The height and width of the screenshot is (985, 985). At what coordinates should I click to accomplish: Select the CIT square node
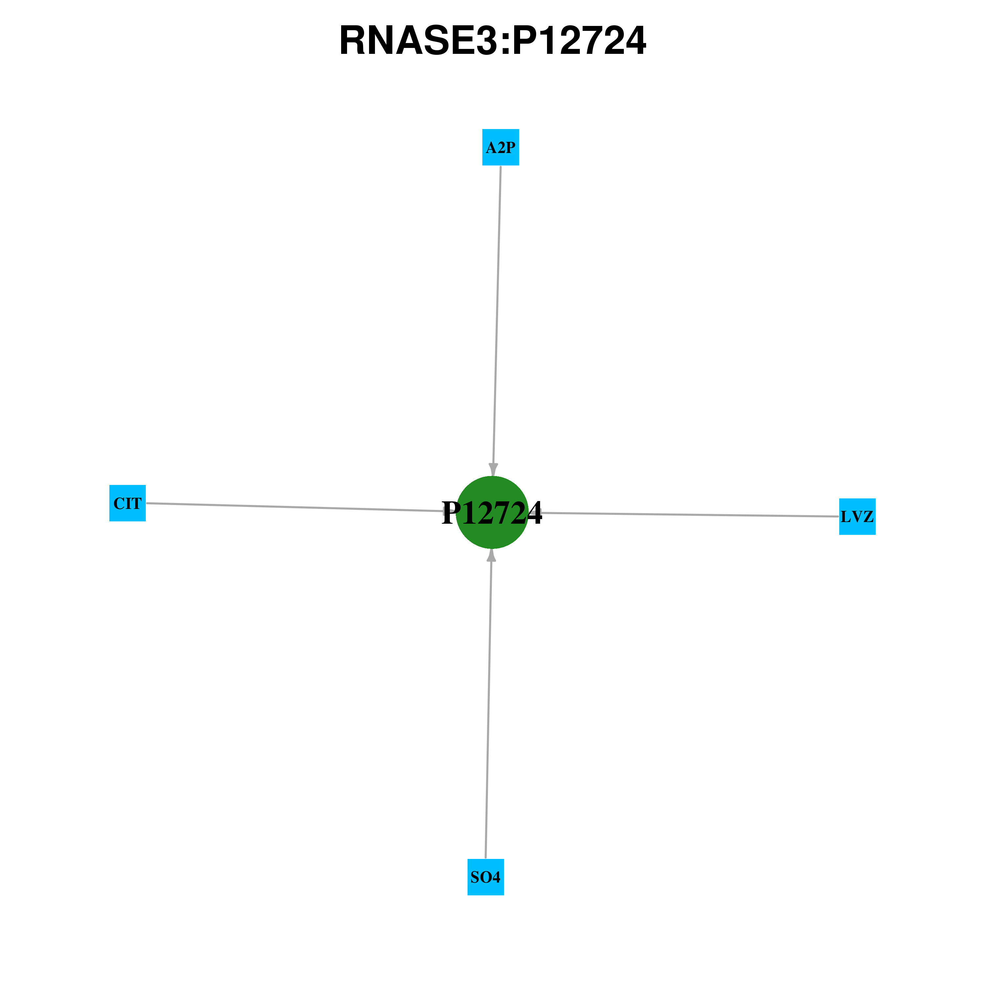[x=127, y=503]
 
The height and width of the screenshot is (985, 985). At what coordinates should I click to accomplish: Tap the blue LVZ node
[x=858, y=516]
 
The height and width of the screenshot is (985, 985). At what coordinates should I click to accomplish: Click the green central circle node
[x=492, y=513]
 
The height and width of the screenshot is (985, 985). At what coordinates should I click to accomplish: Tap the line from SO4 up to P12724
[x=489, y=704]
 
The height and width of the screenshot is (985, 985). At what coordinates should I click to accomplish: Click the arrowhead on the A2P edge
[x=493, y=470]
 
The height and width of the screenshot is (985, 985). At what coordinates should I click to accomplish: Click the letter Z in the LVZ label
[x=868, y=517]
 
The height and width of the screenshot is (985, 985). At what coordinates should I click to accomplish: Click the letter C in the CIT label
[x=118, y=504]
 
